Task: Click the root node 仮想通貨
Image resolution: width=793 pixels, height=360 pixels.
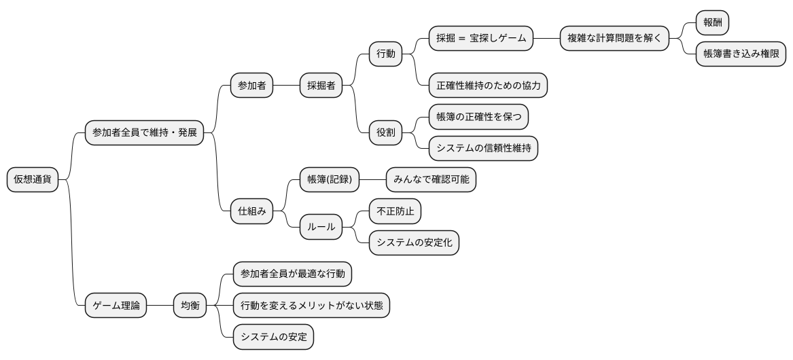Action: point(33,179)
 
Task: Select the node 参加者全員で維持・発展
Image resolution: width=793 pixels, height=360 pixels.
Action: point(144,132)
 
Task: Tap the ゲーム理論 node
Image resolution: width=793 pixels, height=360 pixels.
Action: point(116,306)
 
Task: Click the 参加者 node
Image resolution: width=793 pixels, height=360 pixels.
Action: point(251,86)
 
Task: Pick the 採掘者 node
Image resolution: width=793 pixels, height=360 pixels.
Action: point(321,86)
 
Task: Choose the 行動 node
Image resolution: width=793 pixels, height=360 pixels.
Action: point(385,54)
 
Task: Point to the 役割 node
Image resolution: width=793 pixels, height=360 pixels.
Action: point(385,132)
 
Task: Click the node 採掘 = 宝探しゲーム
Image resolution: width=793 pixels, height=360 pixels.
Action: point(481,38)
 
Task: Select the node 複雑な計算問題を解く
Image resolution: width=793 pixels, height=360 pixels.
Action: point(614,38)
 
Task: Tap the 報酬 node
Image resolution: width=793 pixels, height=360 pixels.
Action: point(712,22)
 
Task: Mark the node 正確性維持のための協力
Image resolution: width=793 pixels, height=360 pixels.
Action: point(488,86)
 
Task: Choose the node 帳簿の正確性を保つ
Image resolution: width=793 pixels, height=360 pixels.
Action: point(478,117)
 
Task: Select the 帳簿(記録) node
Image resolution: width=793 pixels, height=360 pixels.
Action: point(329,180)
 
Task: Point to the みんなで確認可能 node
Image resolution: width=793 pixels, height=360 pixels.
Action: point(431,180)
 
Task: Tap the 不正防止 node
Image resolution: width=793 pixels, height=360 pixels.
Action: point(395,211)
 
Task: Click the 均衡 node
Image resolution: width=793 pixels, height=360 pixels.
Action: point(190,306)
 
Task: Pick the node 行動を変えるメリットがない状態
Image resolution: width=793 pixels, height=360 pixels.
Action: point(311,306)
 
